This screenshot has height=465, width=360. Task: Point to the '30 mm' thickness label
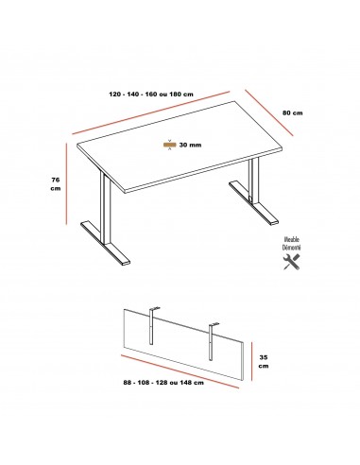(190, 145)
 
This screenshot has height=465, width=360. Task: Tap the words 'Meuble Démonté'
(292, 245)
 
